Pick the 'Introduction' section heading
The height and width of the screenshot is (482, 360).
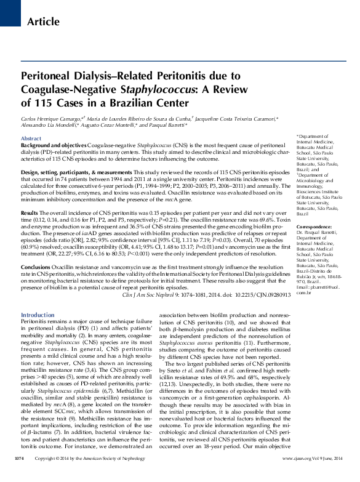[38, 315]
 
